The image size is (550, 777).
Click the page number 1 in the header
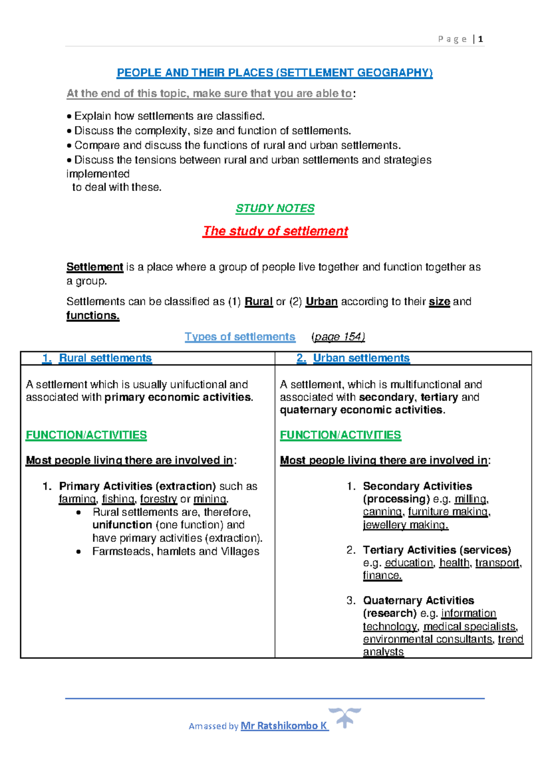coord(480,39)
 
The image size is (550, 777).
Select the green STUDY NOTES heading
coord(275,208)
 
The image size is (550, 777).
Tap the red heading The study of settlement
coord(275,231)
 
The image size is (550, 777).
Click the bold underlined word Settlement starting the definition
coord(95,267)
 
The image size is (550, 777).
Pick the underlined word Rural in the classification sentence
coord(258,301)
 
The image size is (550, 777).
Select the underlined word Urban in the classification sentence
coord(321,301)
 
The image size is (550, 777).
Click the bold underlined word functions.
coord(93,315)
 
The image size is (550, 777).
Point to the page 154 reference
coord(338,337)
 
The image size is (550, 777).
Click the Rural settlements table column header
coord(105,358)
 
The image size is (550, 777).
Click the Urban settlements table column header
coord(361,358)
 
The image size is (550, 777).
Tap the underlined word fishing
coord(118,499)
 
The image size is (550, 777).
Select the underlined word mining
coord(210,499)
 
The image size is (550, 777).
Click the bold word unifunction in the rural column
coord(122,525)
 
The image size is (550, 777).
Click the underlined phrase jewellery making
coord(405,525)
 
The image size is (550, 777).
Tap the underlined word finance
coord(382,575)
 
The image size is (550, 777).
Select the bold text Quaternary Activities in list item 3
coord(418,600)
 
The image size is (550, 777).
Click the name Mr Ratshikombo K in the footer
coord(284,726)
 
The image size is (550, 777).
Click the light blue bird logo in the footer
coord(345,717)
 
